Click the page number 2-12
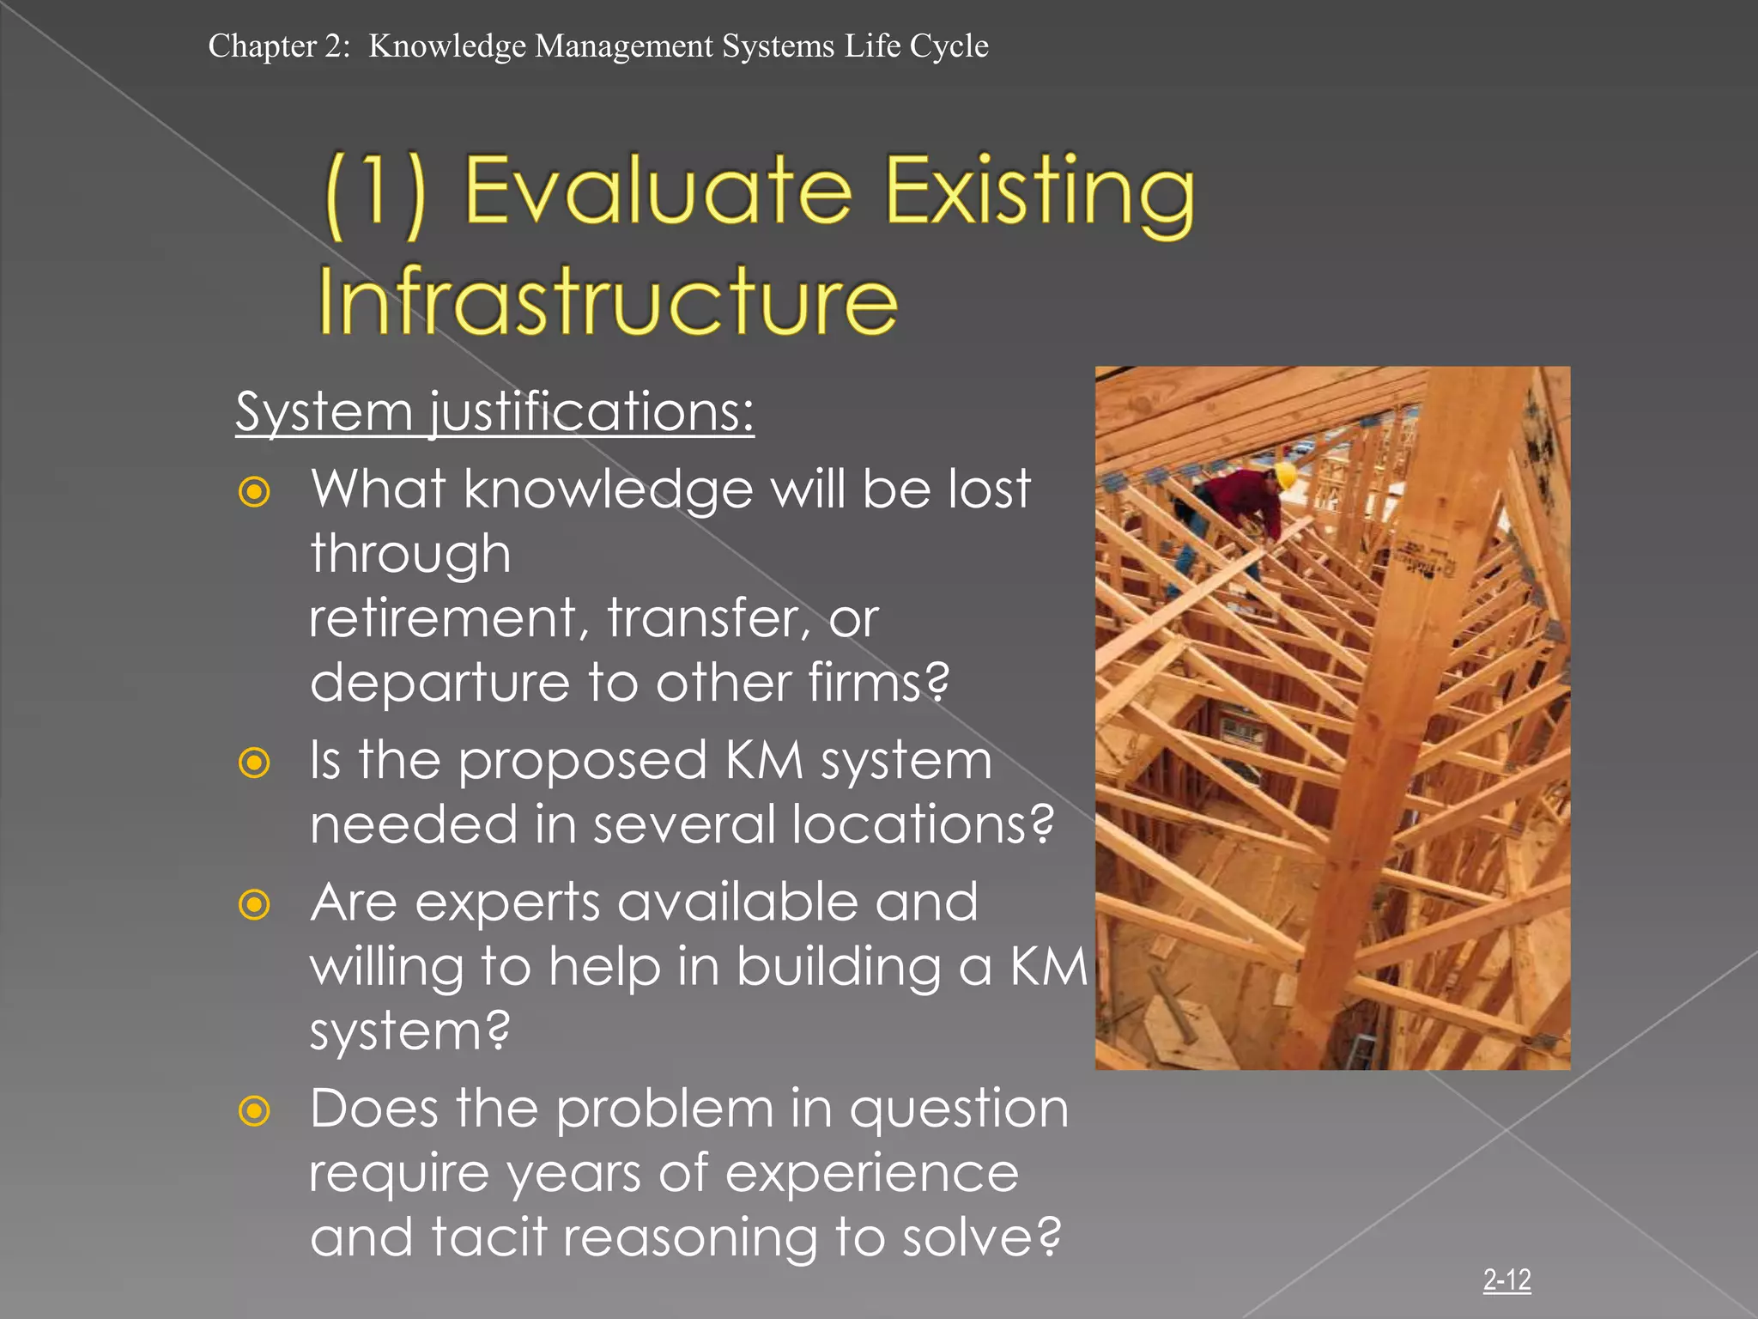pos(1506,1280)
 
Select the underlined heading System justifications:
pos(494,411)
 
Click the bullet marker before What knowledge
pos(254,492)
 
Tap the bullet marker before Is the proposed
pos(254,763)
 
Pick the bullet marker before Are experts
pos(254,904)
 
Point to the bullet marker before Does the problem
pos(254,1111)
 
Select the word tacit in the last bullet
pos(488,1237)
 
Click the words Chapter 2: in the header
pos(279,46)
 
